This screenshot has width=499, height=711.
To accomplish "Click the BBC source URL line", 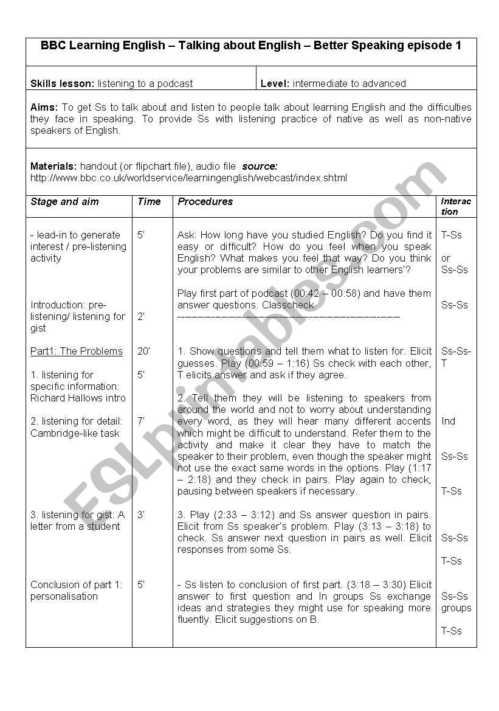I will coord(188,178).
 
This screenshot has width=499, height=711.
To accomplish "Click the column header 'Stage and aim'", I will coord(64,201).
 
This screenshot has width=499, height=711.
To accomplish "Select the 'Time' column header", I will coord(149,201).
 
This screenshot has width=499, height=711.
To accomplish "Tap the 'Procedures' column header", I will coord(205,201).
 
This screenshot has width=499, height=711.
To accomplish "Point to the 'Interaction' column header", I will coord(456,206).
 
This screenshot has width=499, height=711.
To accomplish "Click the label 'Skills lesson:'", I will coord(63,83).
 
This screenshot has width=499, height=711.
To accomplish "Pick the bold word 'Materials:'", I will coord(53,166).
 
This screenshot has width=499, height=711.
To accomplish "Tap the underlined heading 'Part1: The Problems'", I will coord(77,351).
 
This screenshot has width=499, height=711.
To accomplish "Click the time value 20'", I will coord(143,351).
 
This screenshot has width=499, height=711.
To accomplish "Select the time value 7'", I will coord(141,421).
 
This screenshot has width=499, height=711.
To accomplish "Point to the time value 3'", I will coord(141,515).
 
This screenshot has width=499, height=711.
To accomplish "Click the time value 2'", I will coord(141,316).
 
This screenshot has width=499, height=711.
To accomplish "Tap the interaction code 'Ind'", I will coord(449,421).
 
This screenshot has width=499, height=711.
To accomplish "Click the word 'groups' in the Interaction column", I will coord(456,608).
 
